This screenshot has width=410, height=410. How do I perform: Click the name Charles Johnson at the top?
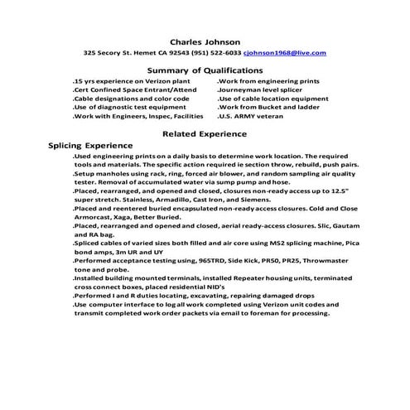click(x=205, y=41)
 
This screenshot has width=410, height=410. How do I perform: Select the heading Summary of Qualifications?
click(x=205, y=71)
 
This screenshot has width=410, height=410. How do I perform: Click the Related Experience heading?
click(x=205, y=133)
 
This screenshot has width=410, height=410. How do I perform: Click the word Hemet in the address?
click(x=156, y=53)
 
